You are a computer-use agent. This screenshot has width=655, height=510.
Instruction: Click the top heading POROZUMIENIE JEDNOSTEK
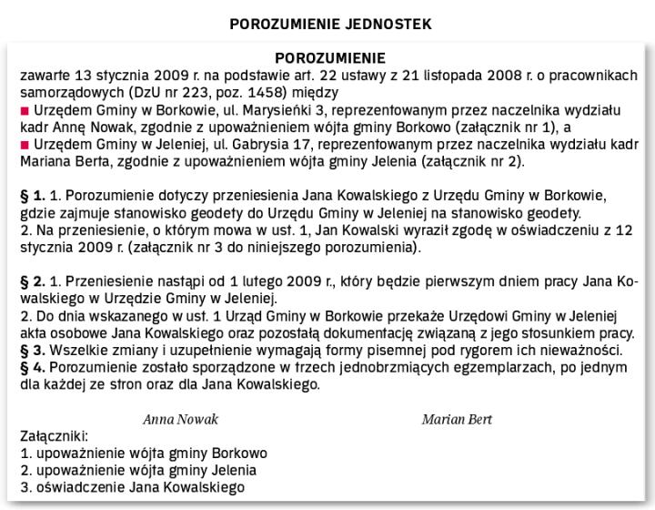coord(329,23)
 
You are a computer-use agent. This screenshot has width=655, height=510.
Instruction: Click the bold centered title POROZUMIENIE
coord(329,58)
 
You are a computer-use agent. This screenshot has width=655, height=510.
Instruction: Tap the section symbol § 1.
coord(32,195)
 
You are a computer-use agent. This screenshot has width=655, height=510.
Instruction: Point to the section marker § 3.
coord(32,350)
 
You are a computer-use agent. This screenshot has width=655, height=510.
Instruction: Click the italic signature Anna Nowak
coord(181,420)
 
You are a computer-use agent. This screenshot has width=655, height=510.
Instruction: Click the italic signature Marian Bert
coord(457,420)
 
